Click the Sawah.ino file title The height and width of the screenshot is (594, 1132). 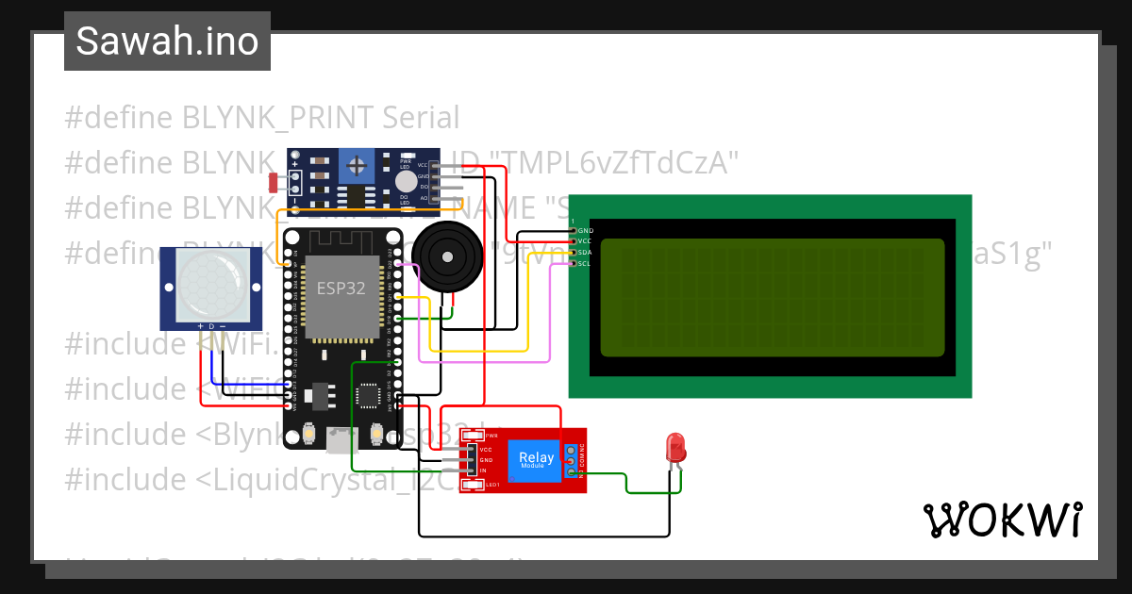(x=167, y=41)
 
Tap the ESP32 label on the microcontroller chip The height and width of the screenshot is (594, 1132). (x=340, y=289)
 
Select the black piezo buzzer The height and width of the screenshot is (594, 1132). (x=443, y=255)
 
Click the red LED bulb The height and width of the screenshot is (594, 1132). (x=675, y=446)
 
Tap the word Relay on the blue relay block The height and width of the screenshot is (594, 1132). (x=537, y=457)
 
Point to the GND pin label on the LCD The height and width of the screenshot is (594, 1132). (x=585, y=230)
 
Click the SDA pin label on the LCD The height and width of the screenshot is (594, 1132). (x=585, y=253)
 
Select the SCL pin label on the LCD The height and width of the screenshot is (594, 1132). (x=585, y=264)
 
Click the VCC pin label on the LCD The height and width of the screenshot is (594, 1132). (x=585, y=241)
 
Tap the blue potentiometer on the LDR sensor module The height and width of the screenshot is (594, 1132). (x=357, y=167)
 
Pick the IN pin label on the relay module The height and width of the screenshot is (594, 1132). (x=483, y=470)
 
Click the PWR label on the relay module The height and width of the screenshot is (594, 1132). (x=491, y=436)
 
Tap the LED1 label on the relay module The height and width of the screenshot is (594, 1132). (x=491, y=485)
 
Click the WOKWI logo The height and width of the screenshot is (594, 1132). (x=1002, y=520)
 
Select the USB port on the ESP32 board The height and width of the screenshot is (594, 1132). (x=341, y=439)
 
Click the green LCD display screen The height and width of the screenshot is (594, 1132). (x=771, y=297)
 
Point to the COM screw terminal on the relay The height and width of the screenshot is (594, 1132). (x=572, y=463)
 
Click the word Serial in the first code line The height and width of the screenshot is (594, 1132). (x=421, y=118)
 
